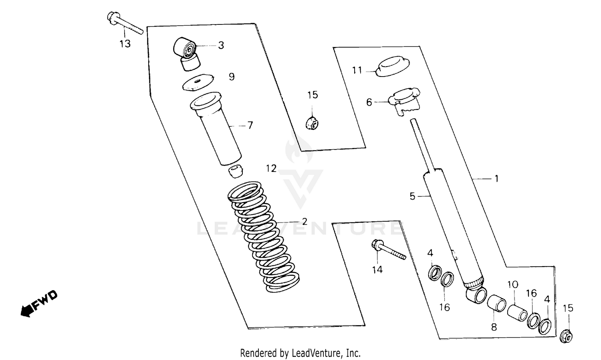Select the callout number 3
(221, 45)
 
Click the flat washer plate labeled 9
(198, 83)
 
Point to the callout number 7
(250, 125)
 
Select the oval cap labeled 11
(393, 66)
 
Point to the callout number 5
(412, 196)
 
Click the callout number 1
(496, 179)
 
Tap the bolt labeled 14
(388, 249)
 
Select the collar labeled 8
(497, 304)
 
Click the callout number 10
(513, 285)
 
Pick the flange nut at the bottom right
(567, 335)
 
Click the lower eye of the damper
(476, 296)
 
